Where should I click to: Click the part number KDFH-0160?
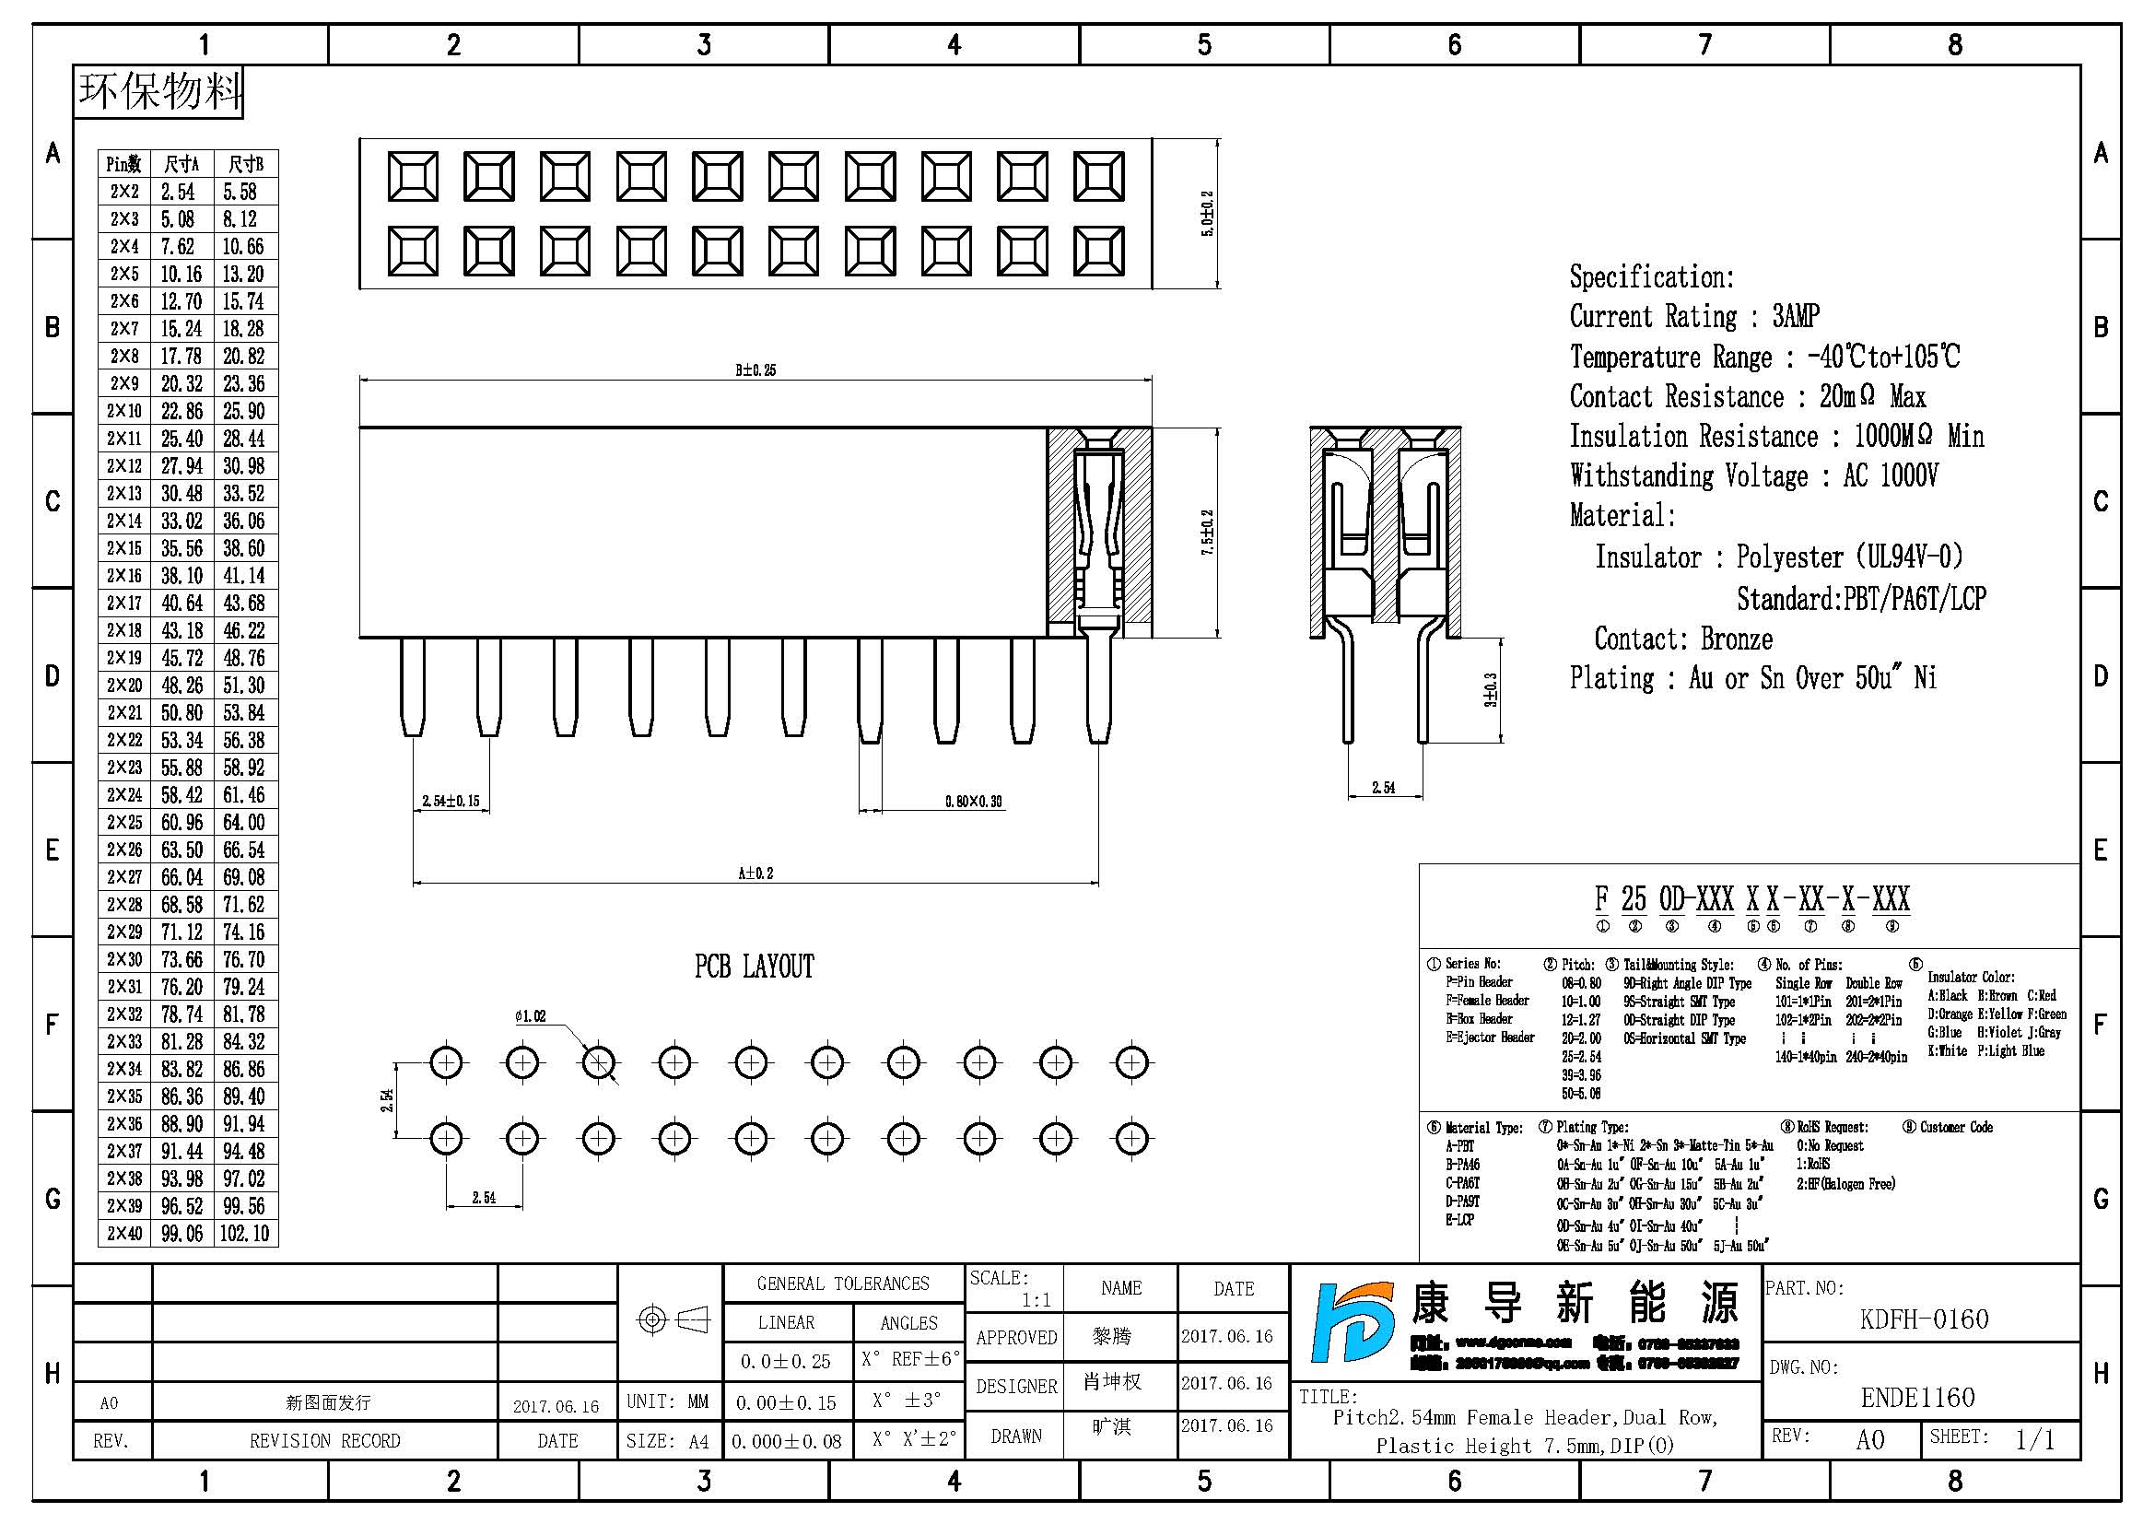[1923, 1319]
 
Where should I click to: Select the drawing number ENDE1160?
[1917, 1398]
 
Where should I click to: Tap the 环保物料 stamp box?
[158, 92]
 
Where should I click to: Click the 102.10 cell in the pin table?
[245, 1233]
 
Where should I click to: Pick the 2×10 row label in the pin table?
[123, 411]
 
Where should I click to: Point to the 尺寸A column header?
[182, 164]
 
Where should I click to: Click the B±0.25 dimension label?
[755, 370]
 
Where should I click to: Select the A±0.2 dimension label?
[755, 873]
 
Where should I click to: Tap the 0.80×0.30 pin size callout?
[973, 802]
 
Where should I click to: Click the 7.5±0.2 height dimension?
[1208, 532]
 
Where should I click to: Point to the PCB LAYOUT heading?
[755, 967]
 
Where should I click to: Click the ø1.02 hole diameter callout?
[531, 1016]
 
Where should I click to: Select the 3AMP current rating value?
[1796, 316]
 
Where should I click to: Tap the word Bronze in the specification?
[1737, 639]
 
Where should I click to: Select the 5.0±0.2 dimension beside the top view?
[1208, 214]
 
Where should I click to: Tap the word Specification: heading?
[1652, 276]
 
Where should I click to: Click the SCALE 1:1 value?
[1037, 1301]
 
